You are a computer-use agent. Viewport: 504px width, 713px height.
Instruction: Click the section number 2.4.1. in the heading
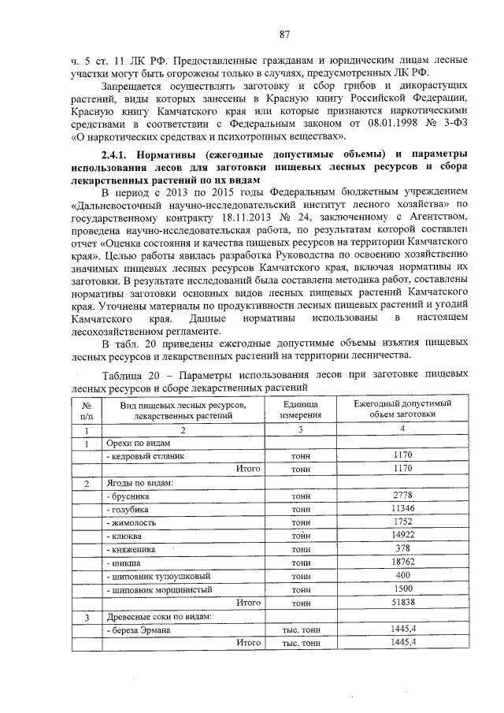[x=121, y=153]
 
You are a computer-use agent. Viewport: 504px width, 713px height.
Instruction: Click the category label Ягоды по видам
[x=140, y=481]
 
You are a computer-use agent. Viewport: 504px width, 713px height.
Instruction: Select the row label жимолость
[x=132, y=522]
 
